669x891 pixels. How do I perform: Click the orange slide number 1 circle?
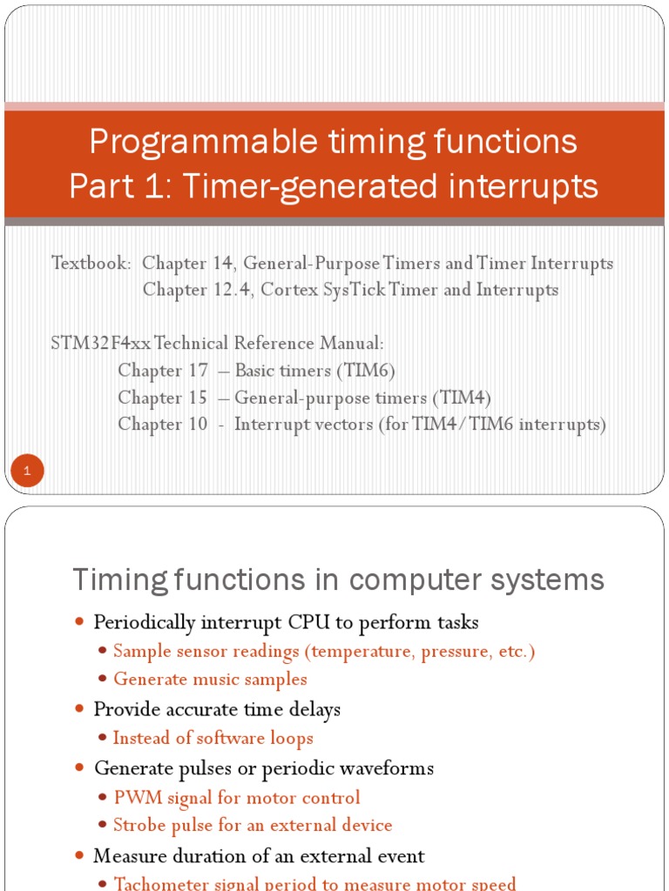27,472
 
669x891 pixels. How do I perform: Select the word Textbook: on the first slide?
91,263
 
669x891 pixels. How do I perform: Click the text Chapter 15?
163,398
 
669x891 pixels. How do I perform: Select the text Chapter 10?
163,425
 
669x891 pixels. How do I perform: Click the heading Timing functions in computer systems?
338,579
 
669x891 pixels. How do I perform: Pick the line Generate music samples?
210,679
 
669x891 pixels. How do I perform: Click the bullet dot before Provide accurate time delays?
80,710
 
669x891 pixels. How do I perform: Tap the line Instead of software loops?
213,738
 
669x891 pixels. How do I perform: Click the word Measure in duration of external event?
127,855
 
